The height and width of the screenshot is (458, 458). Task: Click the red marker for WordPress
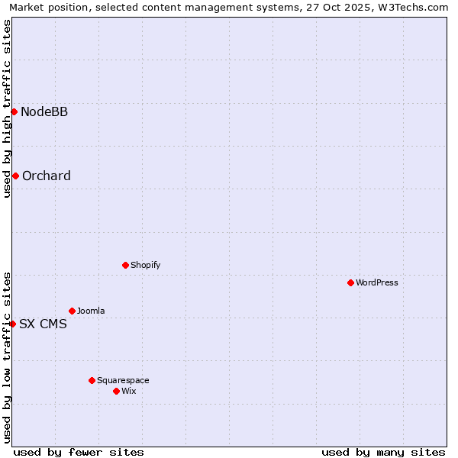[350, 282]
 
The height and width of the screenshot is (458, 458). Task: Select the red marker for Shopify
[125, 265]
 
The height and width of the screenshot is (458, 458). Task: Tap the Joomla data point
[72, 311]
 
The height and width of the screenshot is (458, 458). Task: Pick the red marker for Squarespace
[92, 380]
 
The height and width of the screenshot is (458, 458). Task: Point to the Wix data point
[116, 391]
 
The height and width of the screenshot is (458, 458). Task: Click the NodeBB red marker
[14, 111]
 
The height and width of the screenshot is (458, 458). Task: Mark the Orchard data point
[15, 176]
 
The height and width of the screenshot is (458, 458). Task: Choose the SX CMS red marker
[12, 324]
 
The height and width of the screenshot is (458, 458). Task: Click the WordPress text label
[377, 282]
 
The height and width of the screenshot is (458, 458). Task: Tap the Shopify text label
[145, 265]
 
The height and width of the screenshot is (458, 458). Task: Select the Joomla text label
[91, 311]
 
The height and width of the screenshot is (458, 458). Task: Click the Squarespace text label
[123, 380]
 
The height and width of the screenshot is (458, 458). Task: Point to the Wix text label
[128, 391]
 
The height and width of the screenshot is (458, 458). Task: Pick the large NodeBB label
[44, 112]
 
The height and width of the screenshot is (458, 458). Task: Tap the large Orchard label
[47, 176]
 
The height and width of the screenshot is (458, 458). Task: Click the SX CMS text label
[43, 324]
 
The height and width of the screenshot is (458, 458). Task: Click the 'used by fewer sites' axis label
[79, 452]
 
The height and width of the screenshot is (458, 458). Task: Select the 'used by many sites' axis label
[383, 452]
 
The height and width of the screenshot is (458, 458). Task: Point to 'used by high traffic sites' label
[8, 108]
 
